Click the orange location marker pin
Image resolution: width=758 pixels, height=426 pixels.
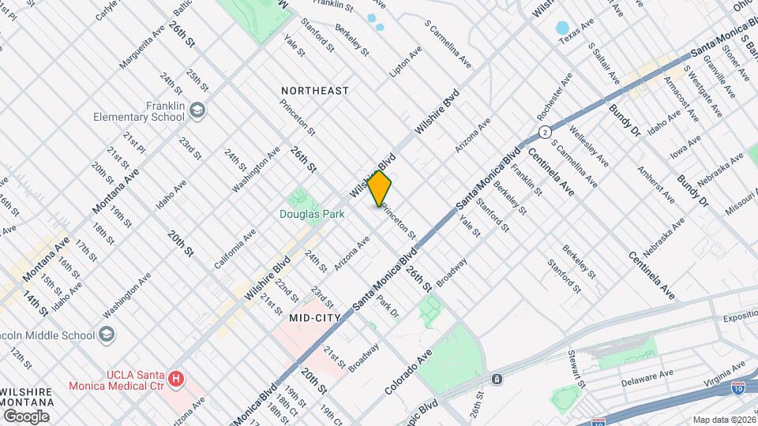[x=380, y=189]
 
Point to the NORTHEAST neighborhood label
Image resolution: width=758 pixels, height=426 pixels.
[x=315, y=92]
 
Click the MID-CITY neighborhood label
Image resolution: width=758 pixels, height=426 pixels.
[x=315, y=318]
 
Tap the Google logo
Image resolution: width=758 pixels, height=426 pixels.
[x=26, y=416]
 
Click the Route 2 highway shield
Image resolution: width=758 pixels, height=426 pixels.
[x=545, y=131]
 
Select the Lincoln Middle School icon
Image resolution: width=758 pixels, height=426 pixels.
[x=106, y=334]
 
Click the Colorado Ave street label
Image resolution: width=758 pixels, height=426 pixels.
[x=410, y=372]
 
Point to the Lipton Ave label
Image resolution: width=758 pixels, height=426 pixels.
[x=406, y=61]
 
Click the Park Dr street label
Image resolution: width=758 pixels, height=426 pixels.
[x=388, y=306]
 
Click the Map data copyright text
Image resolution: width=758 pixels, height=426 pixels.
[x=724, y=420]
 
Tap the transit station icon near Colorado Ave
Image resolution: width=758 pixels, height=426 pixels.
[x=497, y=379]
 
